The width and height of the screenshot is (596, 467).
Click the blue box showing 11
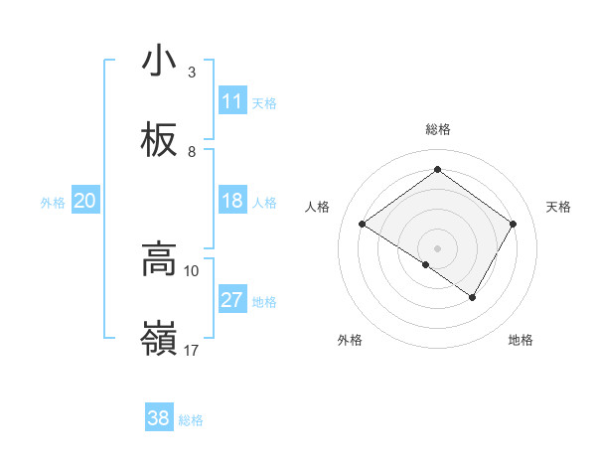click(232, 101)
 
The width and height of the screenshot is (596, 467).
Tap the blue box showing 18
click(232, 201)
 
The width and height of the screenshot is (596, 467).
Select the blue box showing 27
click(232, 300)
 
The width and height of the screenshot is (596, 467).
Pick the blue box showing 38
click(159, 418)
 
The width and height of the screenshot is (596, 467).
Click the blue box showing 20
click(84, 201)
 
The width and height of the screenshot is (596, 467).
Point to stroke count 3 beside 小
click(192, 73)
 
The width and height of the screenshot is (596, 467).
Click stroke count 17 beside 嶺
click(192, 350)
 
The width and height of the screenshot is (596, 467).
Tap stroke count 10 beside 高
click(192, 270)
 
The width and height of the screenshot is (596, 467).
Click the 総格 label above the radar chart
click(438, 129)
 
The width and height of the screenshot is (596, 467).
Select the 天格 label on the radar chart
click(559, 207)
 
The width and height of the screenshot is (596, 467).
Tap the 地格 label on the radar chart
click(521, 340)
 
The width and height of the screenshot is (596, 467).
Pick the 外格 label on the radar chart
click(350, 340)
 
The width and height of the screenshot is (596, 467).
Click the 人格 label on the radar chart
click(318, 207)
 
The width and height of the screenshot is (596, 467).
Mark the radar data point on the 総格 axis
click(437, 170)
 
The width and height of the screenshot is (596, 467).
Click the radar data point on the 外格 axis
click(426, 264)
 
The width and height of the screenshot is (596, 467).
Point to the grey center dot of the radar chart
click(437, 247)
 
